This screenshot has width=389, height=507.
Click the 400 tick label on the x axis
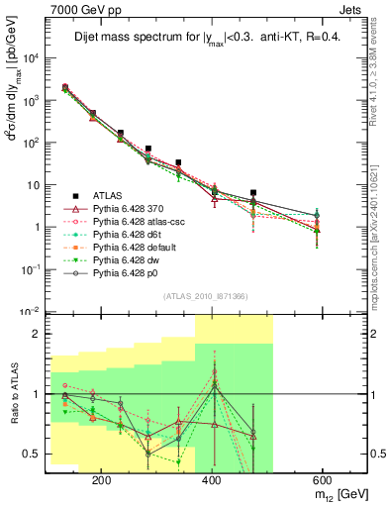211,478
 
